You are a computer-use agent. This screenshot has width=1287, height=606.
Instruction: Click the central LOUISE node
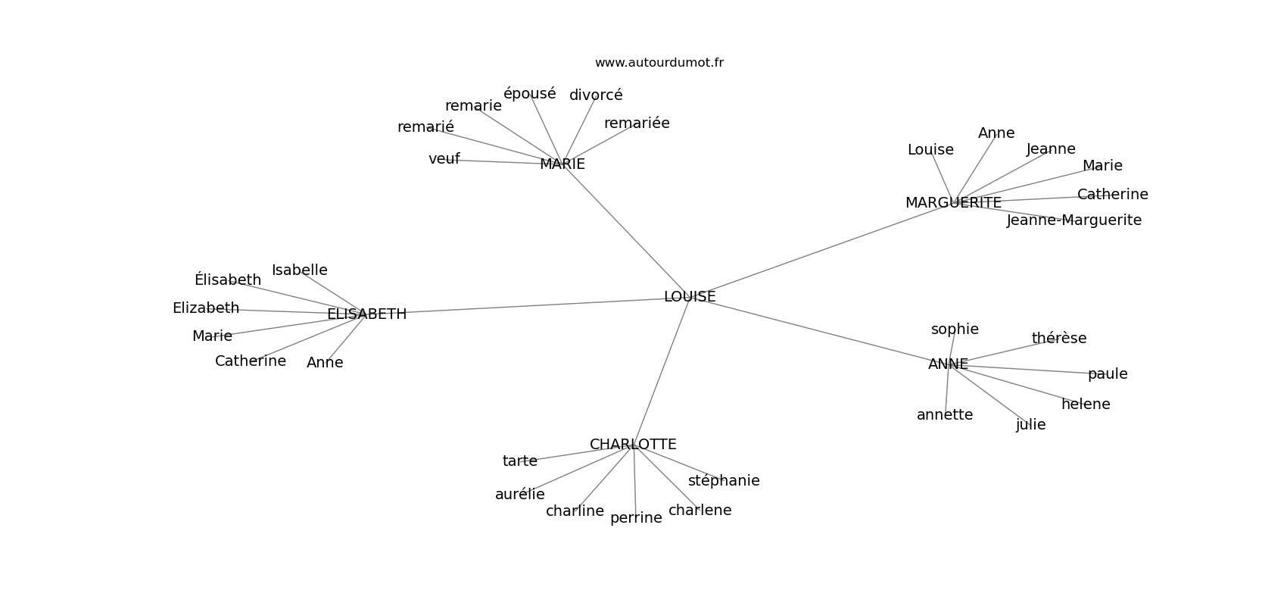[x=690, y=297]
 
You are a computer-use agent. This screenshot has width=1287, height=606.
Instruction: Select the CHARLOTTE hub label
[x=633, y=445]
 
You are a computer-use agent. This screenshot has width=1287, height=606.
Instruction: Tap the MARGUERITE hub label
[x=953, y=203]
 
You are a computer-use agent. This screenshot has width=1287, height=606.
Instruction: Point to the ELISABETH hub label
[x=366, y=314]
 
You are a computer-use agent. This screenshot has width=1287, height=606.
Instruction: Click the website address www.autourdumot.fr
[x=659, y=63]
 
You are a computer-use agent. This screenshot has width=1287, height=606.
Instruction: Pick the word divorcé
[x=596, y=95]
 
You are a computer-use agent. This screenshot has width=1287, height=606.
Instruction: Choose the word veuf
[x=444, y=159]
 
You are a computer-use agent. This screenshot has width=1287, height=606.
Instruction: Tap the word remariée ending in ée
[x=637, y=123]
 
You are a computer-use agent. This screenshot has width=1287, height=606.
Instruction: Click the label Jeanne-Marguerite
[x=1074, y=220]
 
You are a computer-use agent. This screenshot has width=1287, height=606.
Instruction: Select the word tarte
[x=519, y=461]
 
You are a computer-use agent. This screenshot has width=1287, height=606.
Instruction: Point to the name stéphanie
[x=724, y=481]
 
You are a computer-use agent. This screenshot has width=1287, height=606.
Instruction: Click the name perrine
[x=636, y=518]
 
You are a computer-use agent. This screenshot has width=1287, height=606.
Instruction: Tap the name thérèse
[x=1058, y=339]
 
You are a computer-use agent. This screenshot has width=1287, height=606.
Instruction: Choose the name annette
[x=945, y=415]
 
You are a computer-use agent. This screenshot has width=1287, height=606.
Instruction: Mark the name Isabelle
[x=299, y=270]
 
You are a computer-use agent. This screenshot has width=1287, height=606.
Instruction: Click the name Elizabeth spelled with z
[x=206, y=308]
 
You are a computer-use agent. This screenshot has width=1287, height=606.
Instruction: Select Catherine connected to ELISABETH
[x=251, y=361]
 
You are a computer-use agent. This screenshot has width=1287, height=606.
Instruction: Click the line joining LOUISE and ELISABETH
[x=530, y=305]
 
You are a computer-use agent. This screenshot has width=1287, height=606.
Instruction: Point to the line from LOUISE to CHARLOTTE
[x=662, y=371]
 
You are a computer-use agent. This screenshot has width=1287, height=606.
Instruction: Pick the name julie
[x=1030, y=425]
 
